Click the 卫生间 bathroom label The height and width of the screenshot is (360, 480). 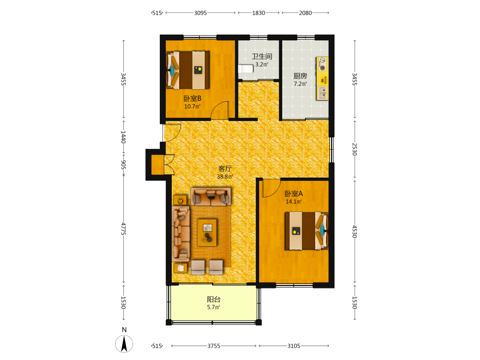[262, 56]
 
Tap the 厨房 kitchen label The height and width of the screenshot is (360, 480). [300, 76]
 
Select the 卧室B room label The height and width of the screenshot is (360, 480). [192, 98]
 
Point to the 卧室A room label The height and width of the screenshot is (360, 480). [294, 193]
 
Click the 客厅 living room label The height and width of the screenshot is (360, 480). [225, 168]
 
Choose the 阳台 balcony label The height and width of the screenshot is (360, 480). [214, 299]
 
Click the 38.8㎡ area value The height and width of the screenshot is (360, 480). [225, 177]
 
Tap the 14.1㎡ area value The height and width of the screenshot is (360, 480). [294, 202]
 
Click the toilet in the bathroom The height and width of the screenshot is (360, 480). [246, 69]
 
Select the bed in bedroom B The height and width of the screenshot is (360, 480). [188, 70]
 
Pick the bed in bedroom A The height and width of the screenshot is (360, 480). [306, 230]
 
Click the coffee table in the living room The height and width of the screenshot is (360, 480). [207, 232]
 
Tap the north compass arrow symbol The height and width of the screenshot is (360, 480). [124, 344]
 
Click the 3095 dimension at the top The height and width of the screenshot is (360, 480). [200, 13]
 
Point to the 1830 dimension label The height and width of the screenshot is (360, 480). [258, 13]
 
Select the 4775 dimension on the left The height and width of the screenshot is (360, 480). [123, 228]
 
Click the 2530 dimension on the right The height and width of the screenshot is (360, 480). [355, 149]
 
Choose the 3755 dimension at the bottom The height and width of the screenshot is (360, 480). [214, 346]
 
